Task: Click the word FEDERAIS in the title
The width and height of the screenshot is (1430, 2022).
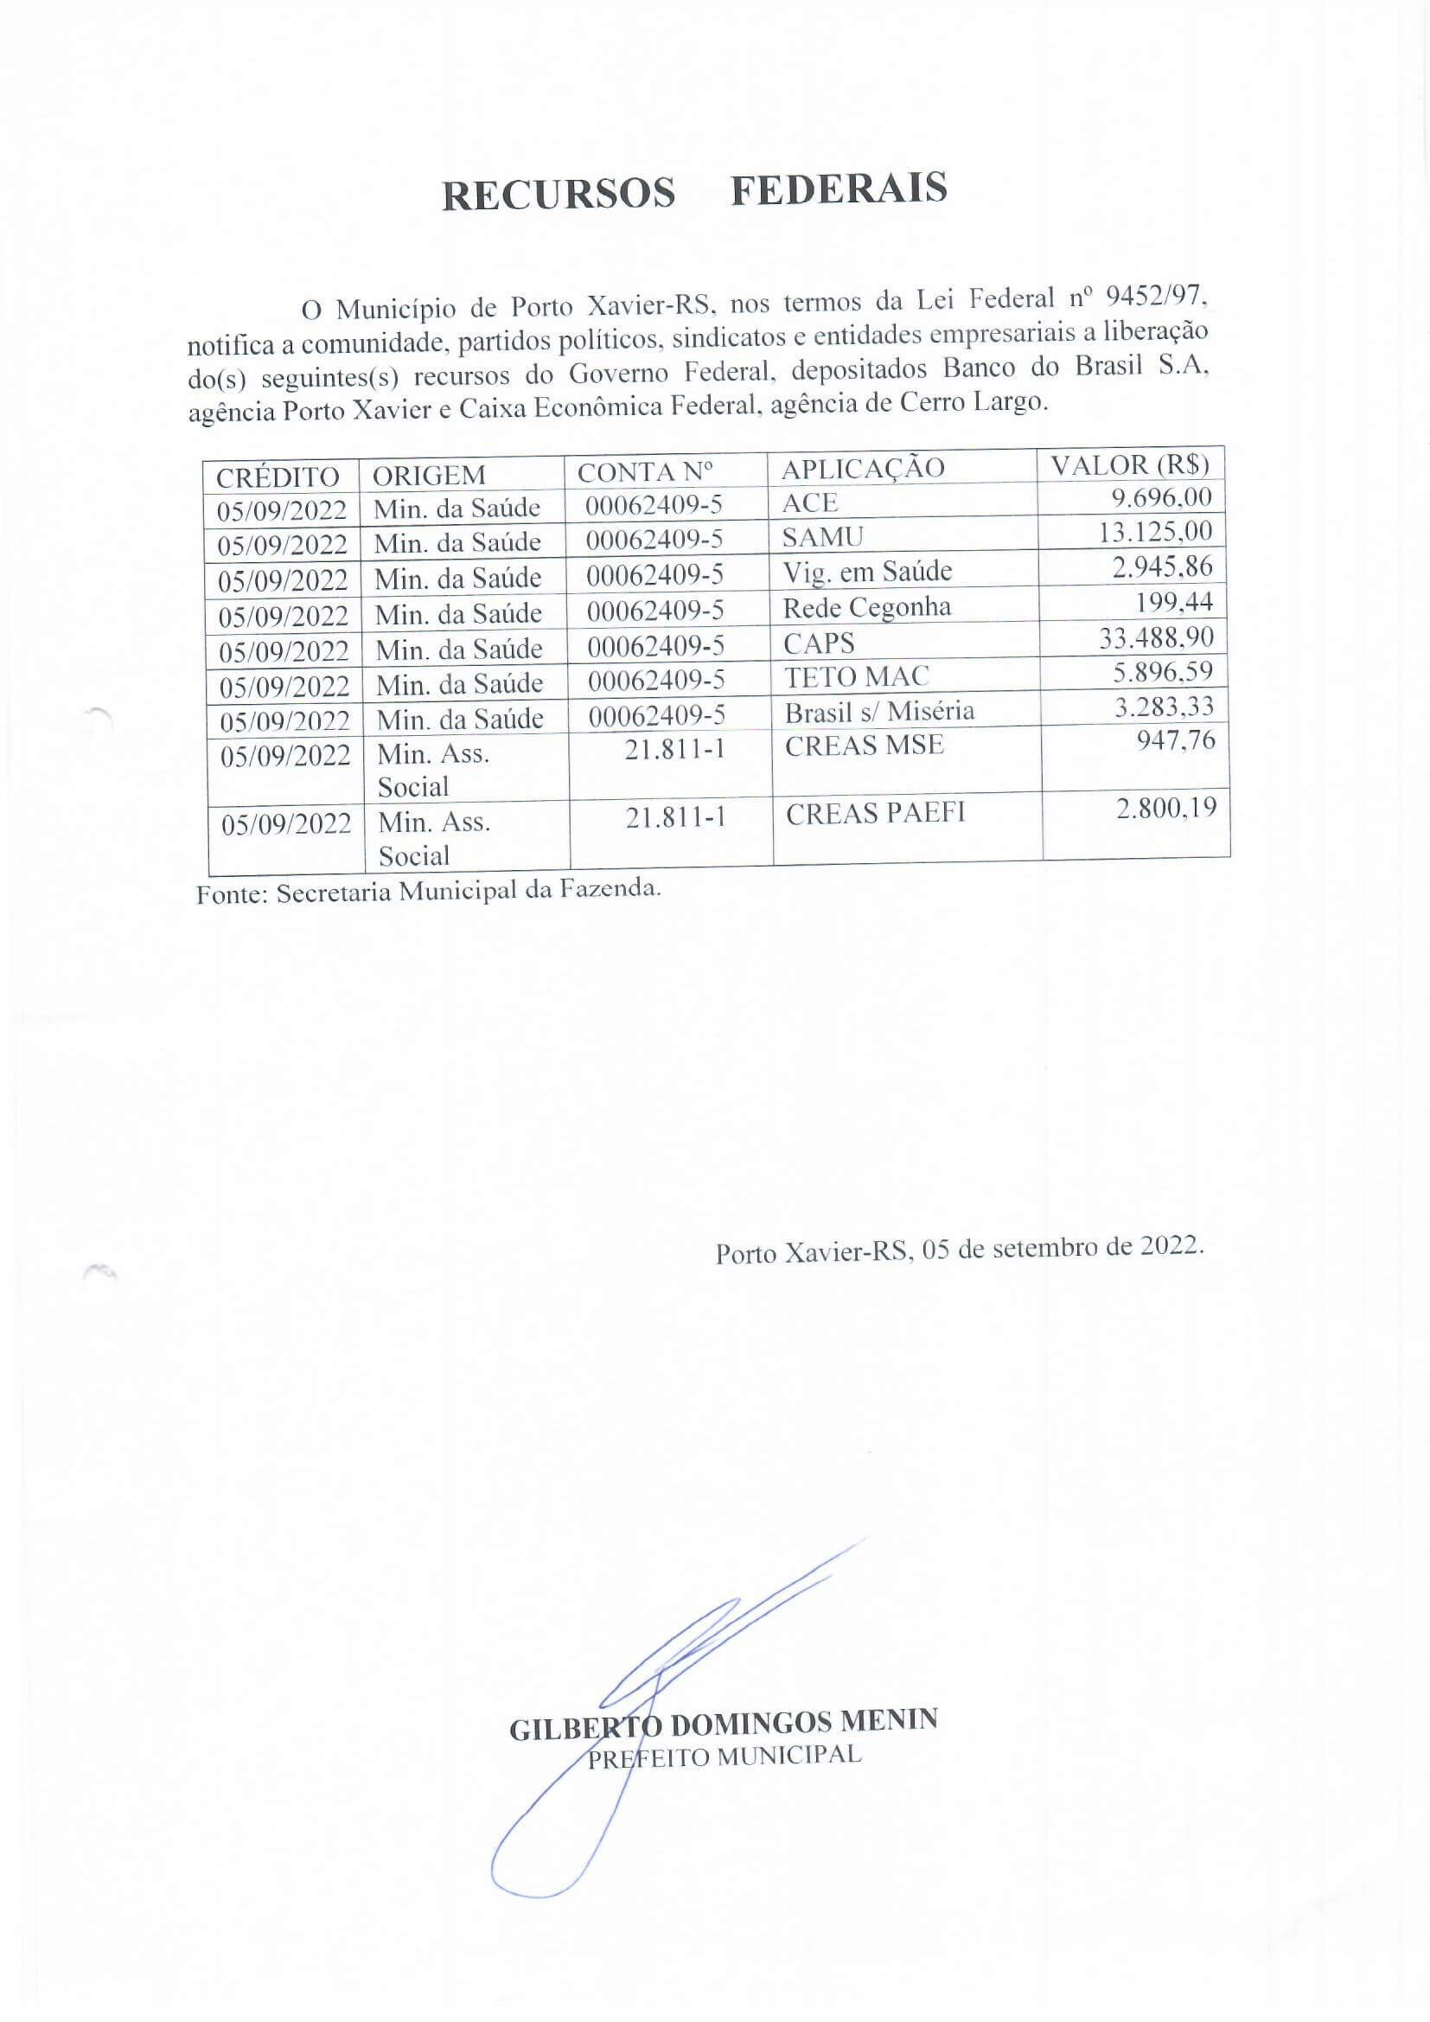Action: tap(839, 189)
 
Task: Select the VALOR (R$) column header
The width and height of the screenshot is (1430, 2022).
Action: tap(1130, 464)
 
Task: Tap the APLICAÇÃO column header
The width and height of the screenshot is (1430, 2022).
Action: tap(862, 469)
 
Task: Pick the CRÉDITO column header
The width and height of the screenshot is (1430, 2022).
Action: tap(278, 477)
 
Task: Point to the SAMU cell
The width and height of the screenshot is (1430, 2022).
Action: tap(822, 535)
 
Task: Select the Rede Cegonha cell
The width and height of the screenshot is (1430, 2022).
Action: tap(866, 607)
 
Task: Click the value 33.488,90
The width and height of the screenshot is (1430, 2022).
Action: tap(1155, 637)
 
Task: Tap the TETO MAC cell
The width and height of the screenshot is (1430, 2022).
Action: tap(856, 676)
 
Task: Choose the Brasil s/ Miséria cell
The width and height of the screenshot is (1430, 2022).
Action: tap(878, 711)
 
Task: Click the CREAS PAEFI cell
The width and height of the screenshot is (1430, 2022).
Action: tap(875, 814)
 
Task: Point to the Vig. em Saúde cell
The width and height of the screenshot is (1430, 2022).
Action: tap(866, 572)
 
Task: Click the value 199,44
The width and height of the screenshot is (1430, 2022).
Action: tap(1175, 601)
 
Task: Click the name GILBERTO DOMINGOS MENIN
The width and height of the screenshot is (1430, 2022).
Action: tap(723, 1724)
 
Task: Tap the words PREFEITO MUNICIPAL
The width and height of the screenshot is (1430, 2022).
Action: tap(724, 1756)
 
